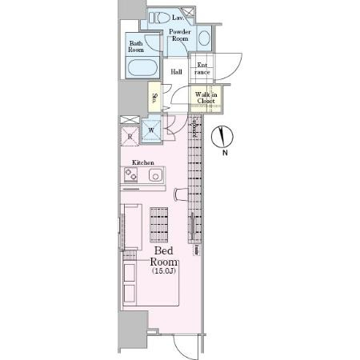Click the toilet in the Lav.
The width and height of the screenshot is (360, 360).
[x=158, y=17]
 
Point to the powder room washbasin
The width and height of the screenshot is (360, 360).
[x=203, y=37]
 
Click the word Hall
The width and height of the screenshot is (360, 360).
[x=178, y=71]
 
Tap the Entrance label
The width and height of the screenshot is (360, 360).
[x=202, y=68]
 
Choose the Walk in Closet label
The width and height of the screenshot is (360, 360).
[x=205, y=98]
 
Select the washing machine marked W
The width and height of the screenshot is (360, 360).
[x=151, y=130]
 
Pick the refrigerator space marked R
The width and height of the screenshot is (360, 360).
[x=129, y=134]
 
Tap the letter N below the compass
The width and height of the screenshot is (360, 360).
[x=225, y=154]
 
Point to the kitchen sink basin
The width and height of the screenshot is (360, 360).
[x=155, y=174]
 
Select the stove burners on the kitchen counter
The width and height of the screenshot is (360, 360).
[x=130, y=174]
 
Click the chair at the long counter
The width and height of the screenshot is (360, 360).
[x=182, y=194]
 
